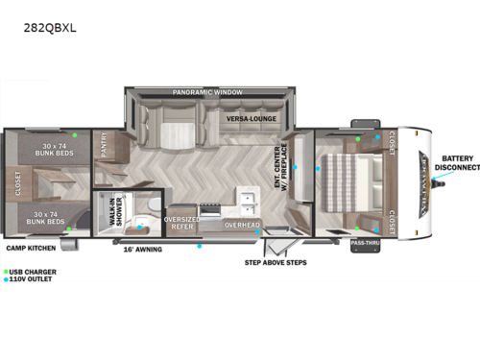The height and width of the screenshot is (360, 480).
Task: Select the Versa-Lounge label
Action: point(251,118)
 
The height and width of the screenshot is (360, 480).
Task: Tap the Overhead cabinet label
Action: point(242,225)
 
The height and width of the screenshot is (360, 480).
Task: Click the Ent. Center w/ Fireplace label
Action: point(279,165)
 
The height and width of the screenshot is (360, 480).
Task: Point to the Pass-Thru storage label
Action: point(364,244)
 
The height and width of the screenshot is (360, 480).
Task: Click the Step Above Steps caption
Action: point(276,261)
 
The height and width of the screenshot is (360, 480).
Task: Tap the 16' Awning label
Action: point(142,250)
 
